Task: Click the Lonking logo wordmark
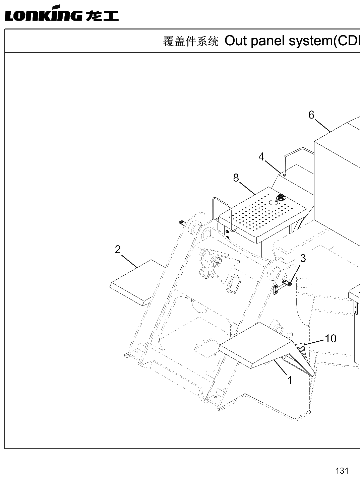point(62,13)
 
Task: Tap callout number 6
point(311,115)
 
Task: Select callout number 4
point(261,157)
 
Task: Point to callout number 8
point(236,178)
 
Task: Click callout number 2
point(118,250)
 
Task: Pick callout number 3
point(303,258)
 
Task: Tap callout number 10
point(331,339)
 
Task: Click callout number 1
point(290,381)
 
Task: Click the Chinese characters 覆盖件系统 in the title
point(191,42)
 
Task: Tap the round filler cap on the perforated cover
point(281,198)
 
